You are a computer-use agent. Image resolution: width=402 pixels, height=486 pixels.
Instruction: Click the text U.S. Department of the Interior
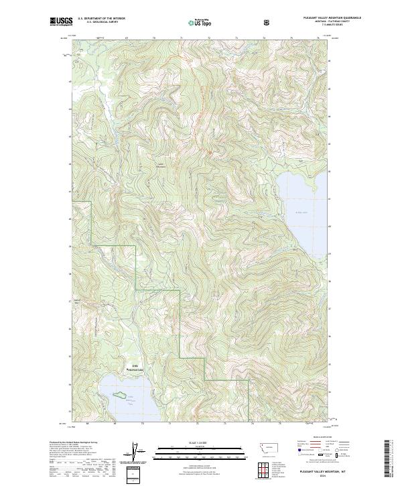[101, 19]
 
